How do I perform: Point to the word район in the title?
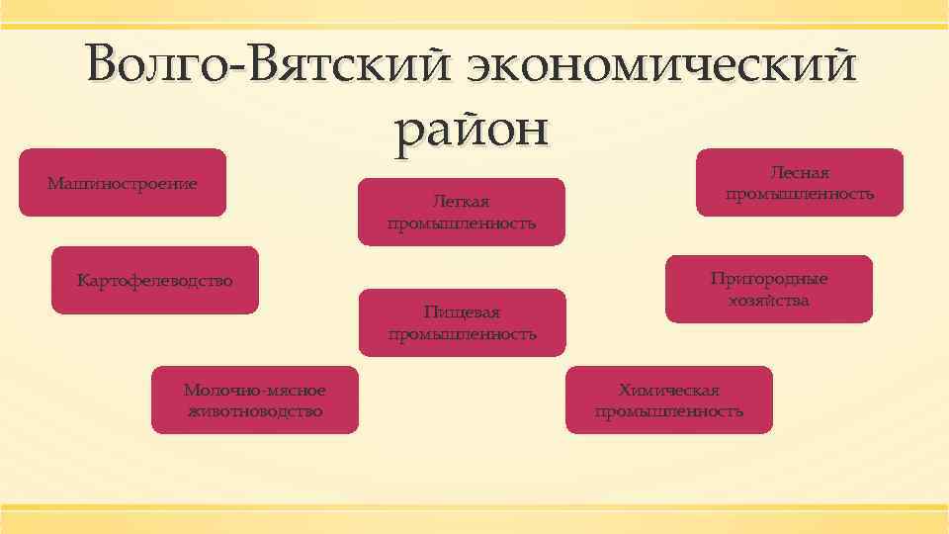point(471,129)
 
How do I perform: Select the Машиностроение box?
point(123,183)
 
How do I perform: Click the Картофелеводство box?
point(155,281)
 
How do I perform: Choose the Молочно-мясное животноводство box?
point(254,400)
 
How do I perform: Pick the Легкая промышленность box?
point(461,212)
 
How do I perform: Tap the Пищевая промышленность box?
point(462,322)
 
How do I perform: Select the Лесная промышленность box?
point(800,182)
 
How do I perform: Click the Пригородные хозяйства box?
point(768,289)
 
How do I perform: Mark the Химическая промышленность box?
point(668,400)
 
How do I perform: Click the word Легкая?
point(462,202)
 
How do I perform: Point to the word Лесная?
point(800,173)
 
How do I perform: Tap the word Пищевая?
point(462,312)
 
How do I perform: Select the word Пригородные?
point(769,279)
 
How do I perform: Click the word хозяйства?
point(769,300)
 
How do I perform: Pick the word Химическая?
point(668,390)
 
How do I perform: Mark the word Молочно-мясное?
point(254,391)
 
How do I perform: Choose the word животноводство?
point(254,410)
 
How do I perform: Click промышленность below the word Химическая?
point(668,410)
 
